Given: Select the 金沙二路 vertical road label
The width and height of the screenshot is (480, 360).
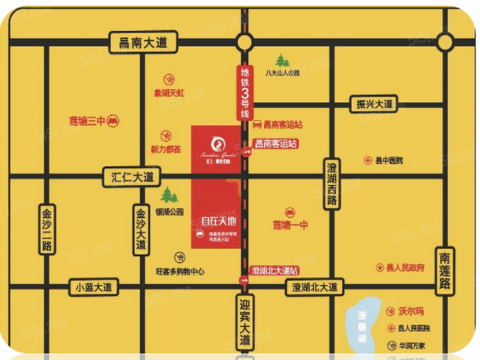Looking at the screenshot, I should coord(47,229).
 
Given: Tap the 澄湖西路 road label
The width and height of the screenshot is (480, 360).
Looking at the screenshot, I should coord(332,184).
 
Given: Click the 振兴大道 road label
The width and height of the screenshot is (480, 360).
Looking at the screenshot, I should coord(374,104).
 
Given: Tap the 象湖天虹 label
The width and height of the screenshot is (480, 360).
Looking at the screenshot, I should coord(169,92).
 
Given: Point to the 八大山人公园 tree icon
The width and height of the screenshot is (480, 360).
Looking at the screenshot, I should coord(282,60).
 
